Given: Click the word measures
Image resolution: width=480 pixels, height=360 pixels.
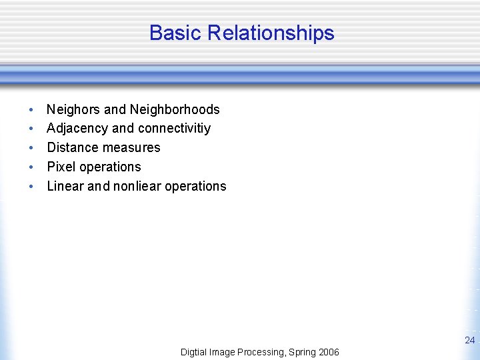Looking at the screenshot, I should [x=133, y=147].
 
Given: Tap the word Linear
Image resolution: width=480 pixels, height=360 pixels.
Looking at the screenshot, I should [x=65, y=186].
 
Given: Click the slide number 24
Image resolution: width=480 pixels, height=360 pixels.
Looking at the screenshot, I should [x=469, y=340].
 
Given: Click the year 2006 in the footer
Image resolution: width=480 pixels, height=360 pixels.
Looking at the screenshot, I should [x=328, y=352].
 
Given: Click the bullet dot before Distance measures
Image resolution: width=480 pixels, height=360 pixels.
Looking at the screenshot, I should [x=31, y=148].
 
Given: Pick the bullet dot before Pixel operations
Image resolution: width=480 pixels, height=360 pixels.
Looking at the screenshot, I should [x=31, y=167].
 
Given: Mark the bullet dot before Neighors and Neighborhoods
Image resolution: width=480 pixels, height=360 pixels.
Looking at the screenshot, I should [x=31, y=110].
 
